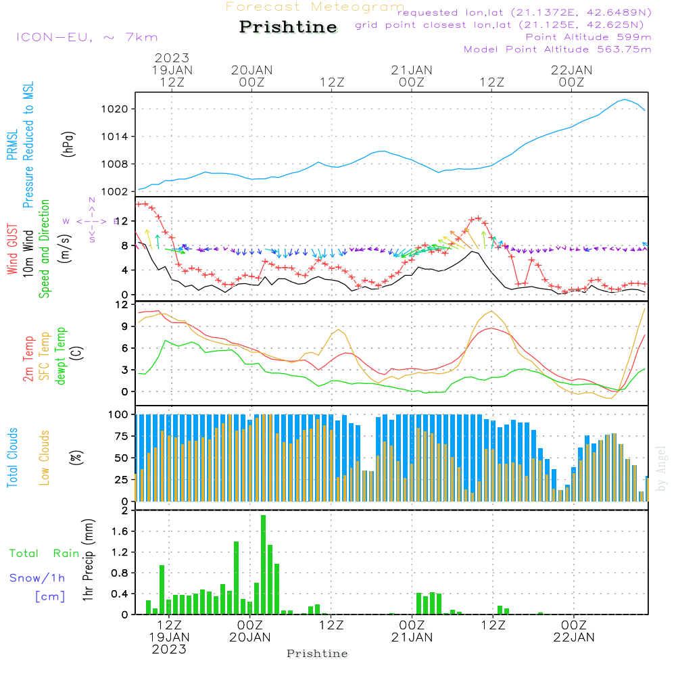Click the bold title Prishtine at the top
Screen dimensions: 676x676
[288, 27]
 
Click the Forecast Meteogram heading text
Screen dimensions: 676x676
[315, 7]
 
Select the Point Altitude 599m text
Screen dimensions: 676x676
[588, 37]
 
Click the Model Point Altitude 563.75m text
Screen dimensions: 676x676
[557, 49]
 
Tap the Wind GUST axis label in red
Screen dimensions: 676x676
[13, 249]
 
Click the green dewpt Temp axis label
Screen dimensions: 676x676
[62, 356]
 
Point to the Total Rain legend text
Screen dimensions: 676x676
[44, 554]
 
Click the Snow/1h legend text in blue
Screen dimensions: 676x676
[38, 578]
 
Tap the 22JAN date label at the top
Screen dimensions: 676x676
[572, 70]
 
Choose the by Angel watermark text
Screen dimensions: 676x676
[661, 468]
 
